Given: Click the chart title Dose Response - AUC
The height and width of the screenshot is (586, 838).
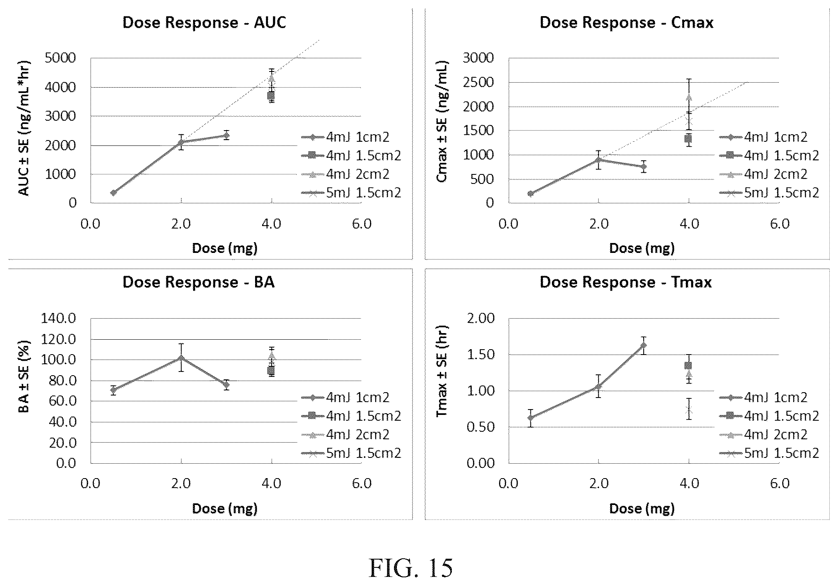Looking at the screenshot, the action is (204, 22).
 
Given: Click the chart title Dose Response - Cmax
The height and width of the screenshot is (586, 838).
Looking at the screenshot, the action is (626, 22).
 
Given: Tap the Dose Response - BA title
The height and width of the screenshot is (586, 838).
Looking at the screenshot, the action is (198, 282).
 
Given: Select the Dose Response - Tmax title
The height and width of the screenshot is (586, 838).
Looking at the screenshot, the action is (626, 282).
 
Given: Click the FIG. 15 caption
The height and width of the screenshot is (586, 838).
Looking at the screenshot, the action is (411, 568).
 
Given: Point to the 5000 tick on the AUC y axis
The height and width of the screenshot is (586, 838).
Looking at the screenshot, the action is (61, 58).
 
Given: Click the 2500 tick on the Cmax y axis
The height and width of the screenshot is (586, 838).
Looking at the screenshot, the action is (478, 83).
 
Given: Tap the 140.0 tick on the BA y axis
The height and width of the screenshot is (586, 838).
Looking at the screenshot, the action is (58, 318).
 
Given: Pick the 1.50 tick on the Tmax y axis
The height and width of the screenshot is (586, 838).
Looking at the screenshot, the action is (480, 355).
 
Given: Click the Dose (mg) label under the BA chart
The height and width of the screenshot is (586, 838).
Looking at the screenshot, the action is (225, 508).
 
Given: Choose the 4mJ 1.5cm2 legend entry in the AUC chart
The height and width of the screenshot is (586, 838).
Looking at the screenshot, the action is (352, 155).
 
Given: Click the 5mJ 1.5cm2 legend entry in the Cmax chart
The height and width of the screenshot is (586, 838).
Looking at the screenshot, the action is (769, 193).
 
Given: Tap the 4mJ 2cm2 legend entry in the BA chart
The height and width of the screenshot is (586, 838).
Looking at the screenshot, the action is (346, 434).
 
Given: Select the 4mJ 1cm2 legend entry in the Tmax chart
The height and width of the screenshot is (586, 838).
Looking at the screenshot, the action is (764, 397).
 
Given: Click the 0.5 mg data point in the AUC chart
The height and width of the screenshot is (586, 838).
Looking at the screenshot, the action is (113, 193).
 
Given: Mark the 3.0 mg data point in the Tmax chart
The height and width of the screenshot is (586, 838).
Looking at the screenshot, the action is (643, 345).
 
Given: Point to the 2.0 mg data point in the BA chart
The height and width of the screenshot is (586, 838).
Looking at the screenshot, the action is (181, 358).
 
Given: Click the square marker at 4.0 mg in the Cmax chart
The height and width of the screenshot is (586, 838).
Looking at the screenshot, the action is (689, 139).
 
